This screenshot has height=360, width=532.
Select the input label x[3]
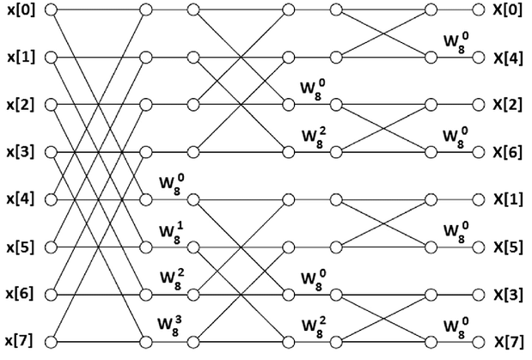18,152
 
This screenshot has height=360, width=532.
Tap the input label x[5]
18,247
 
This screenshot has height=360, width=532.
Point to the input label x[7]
18,341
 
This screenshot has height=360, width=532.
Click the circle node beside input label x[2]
51,105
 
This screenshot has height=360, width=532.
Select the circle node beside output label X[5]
478,247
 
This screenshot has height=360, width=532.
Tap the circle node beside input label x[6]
51,294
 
